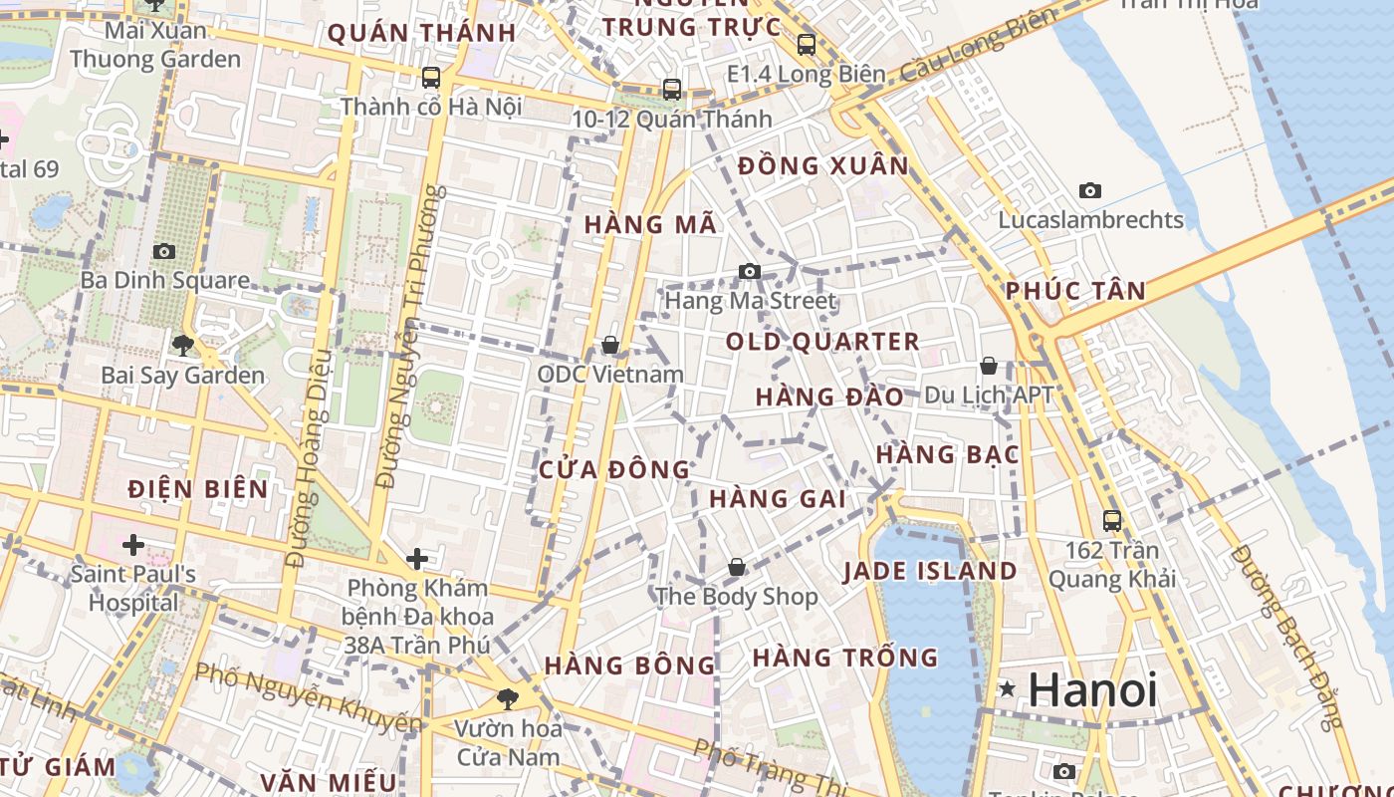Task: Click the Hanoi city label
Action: coord(1092,689)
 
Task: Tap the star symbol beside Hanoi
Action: coord(1008,688)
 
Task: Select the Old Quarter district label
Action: coord(822,342)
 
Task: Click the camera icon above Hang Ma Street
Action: coord(749,271)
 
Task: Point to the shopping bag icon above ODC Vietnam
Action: coord(610,345)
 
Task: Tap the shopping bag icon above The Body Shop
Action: coord(736,567)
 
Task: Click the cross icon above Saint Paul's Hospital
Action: coord(132,545)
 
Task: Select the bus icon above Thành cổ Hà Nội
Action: coord(431,77)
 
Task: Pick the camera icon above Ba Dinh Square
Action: coord(164,251)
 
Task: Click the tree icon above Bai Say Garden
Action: coord(182,346)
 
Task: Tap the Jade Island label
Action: coord(930,571)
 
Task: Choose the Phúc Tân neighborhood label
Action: coord(1075,291)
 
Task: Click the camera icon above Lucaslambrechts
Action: coord(1090,190)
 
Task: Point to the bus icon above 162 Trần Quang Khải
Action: coord(1112,520)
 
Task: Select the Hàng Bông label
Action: coord(629,664)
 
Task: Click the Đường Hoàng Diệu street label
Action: coord(309,458)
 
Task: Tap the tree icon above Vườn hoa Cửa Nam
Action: coord(508,698)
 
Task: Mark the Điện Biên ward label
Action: coord(198,488)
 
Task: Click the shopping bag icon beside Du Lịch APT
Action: coord(989,366)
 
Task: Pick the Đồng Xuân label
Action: coord(823,165)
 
